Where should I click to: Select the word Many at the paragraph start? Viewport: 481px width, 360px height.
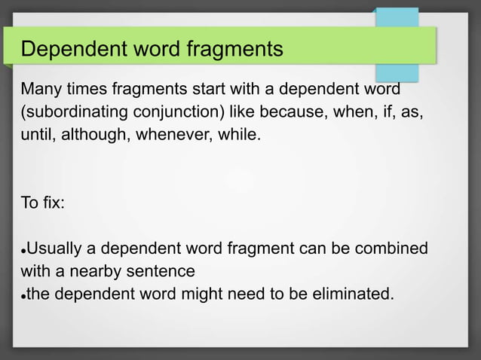[42, 90]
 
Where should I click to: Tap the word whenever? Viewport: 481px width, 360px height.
[171, 139]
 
